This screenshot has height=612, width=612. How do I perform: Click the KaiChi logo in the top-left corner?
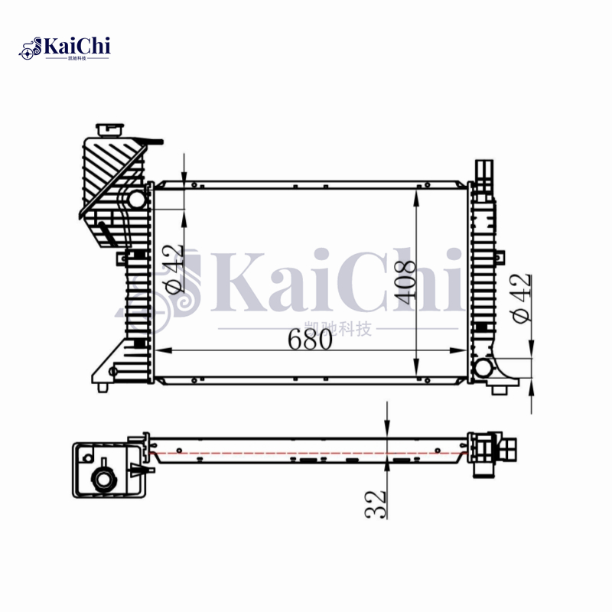point(65,47)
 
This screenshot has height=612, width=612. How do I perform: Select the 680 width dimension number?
point(311,340)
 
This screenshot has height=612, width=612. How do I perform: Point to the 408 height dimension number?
point(405,283)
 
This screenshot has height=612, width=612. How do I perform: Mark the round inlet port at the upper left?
point(136,200)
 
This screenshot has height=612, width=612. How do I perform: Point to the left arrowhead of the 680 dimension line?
point(160,350)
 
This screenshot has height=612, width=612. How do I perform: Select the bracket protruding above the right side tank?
point(483,171)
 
